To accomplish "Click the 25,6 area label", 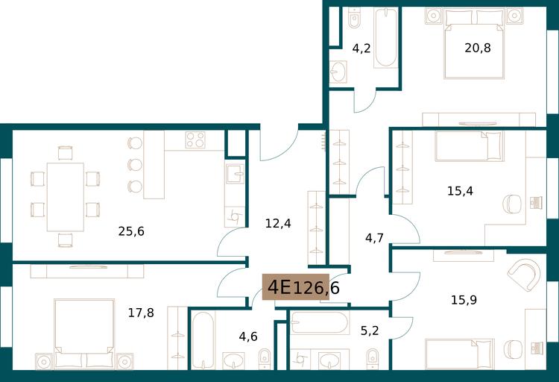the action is (x=131, y=231).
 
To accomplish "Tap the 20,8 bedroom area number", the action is (x=478, y=48).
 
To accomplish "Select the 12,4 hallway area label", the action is (x=278, y=224).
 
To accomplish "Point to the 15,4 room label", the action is (x=461, y=191).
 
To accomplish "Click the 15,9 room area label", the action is (x=464, y=300).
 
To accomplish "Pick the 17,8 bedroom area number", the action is (x=141, y=313).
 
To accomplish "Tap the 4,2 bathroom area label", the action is (x=361, y=48).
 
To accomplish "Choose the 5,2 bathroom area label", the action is (x=370, y=331).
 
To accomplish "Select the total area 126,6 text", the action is (x=316, y=288).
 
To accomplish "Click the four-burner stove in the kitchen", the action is (x=195, y=140).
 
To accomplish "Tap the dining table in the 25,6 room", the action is (x=66, y=197).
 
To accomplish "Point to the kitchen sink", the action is (x=235, y=174).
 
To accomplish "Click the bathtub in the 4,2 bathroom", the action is (x=386, y=38).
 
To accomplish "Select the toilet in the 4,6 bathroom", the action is (x=265, y=358).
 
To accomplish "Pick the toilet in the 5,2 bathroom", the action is (x=373, y=358).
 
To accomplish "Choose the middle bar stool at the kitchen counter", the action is (x=135, y=165).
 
